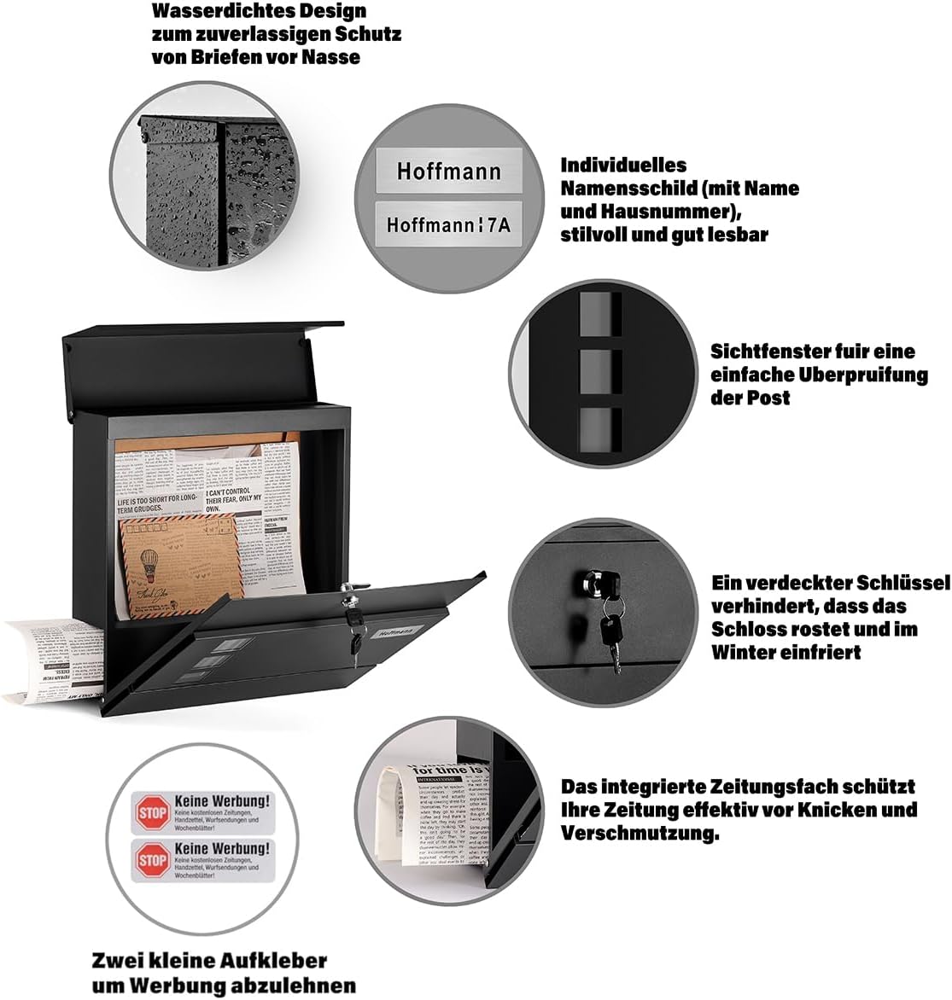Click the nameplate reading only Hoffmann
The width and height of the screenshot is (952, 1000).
[x=448, y=171]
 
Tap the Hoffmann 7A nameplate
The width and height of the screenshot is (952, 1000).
[x=448, y=224]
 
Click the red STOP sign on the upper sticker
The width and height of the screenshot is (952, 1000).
[x=152, y=812]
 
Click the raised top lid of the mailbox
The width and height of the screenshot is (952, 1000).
[x=201, y=363]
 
